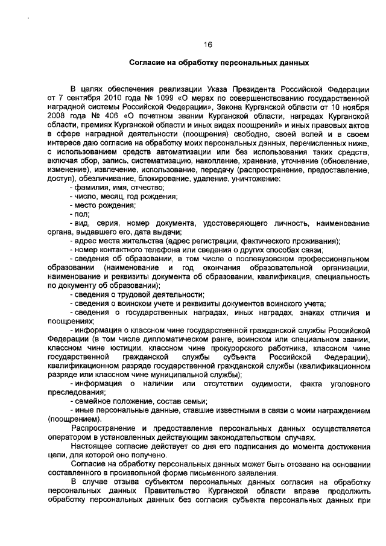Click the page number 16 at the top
tap(207, 44)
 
